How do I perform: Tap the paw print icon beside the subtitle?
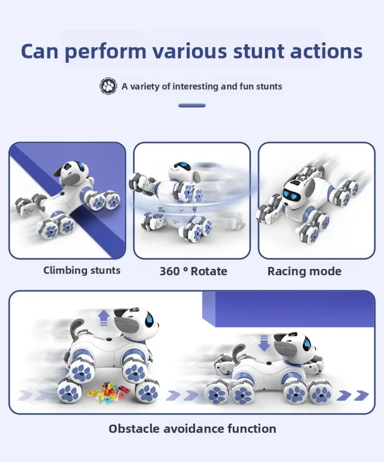108,86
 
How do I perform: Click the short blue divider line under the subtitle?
192,106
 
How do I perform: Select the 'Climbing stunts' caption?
82,270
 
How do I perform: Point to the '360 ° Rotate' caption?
193,271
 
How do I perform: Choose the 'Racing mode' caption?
304,271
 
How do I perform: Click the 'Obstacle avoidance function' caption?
192,428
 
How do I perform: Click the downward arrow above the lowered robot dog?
264,344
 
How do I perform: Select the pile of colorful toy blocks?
108,391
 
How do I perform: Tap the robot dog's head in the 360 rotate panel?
184,168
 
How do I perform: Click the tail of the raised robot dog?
76,329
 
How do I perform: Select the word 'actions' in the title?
329,51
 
